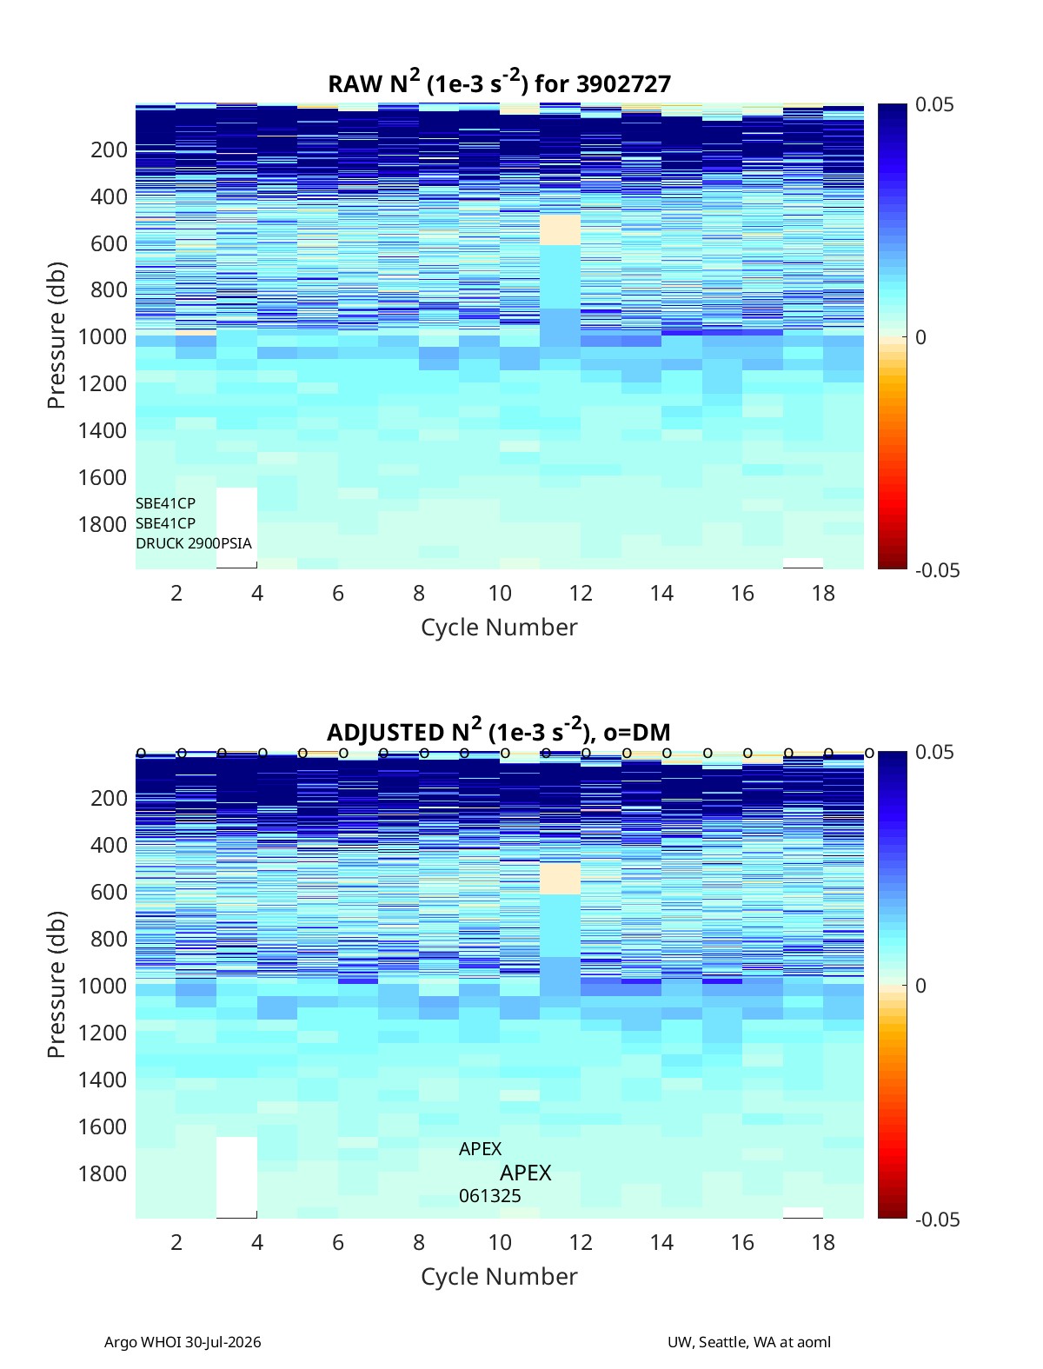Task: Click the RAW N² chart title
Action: coord(499,82)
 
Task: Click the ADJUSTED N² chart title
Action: coord(498,730)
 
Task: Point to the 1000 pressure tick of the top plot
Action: coord(103,336)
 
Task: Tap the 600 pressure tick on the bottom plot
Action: coord(109,892)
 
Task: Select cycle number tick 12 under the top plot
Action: coord(581,593)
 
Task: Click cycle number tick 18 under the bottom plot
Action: coord(823,1242)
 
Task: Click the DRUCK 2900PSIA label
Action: coord(194,543)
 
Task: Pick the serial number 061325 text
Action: coord(490,1196)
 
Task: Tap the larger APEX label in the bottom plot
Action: coord(526,1173)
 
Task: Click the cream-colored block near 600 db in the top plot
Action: coord(560,230)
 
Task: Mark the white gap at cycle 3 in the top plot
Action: coord(237,528)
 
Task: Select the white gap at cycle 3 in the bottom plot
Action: coord(237,1176)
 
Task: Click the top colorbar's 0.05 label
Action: coord(933,104)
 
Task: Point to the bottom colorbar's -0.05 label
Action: coord(937,1219)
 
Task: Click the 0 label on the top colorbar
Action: coord(920,337)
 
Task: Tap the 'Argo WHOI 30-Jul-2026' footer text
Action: coord(183,1342)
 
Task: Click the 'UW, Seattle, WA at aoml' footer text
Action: coord(748,1342)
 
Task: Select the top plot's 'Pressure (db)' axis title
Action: coord(56,336)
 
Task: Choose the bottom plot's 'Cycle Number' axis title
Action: coord(499,1276)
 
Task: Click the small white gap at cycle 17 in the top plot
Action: coord(803,563)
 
